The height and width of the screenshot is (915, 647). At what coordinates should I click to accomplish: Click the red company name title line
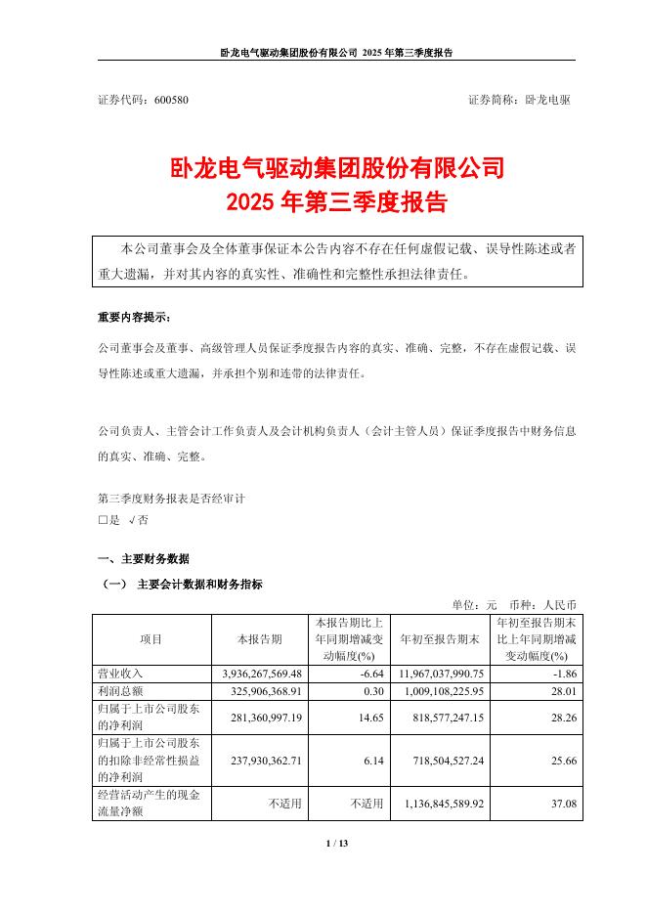pos(336,168)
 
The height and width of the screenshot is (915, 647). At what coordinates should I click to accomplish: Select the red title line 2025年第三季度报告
pos(336,203)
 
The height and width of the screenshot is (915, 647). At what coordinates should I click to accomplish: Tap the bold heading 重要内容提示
pos(134,319)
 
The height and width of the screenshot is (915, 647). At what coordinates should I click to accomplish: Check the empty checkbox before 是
pos(103,521)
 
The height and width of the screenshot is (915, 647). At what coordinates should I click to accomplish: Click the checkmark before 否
pos(133,521)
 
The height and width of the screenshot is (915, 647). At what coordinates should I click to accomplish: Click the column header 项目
pos(151,639)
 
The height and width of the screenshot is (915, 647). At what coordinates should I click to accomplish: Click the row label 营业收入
pos(117,674)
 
